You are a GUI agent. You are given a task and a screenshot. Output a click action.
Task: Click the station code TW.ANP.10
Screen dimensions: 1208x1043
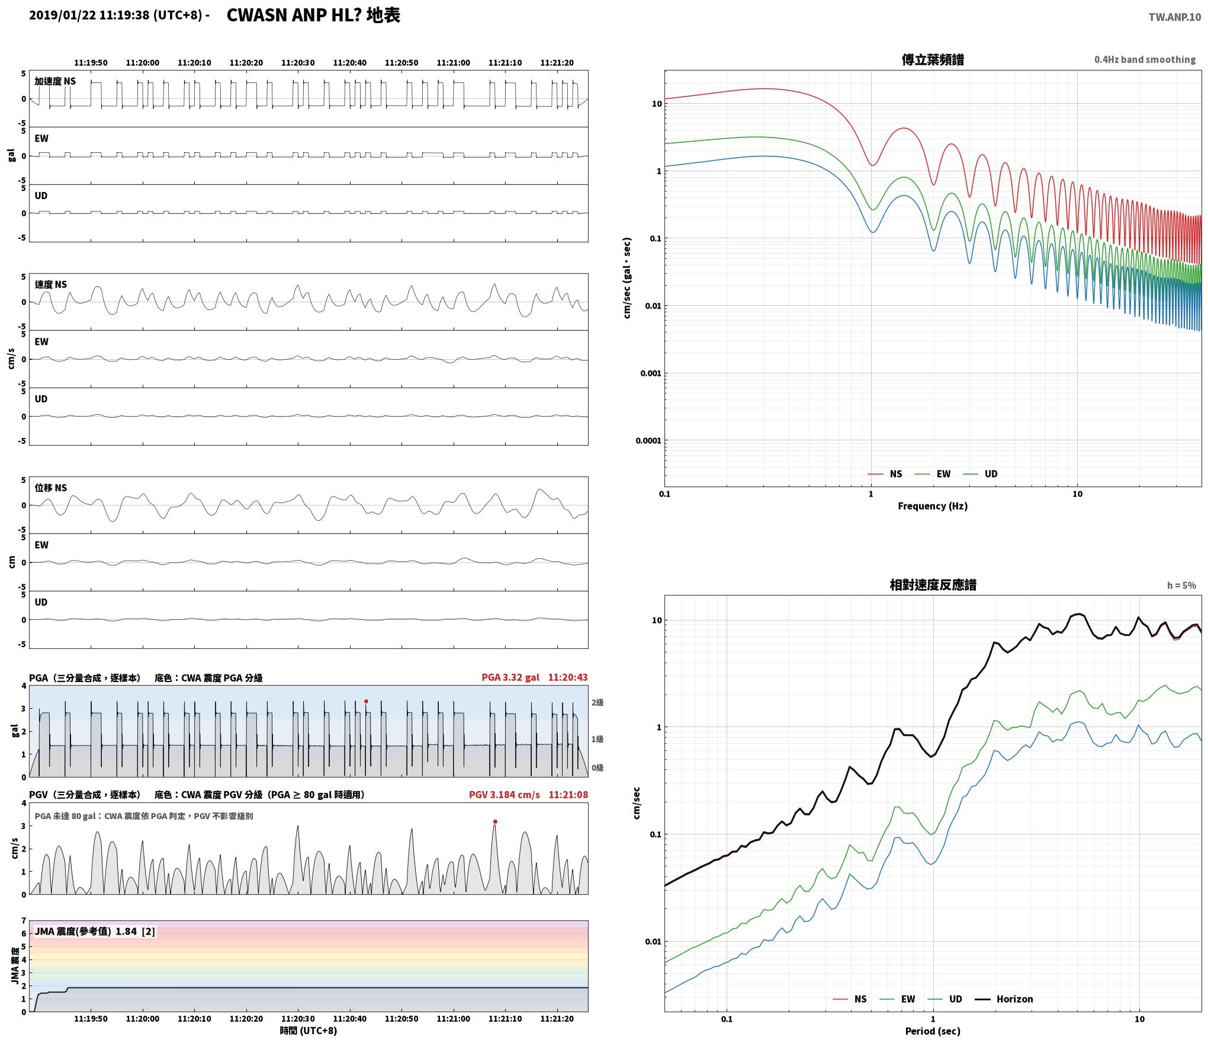click(x=1175, y=17)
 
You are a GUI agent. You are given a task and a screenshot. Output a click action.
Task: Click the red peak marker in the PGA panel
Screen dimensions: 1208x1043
click(x=366, y=701)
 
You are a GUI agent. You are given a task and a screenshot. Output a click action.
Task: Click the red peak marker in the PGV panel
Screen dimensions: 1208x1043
click(x=495, y=821)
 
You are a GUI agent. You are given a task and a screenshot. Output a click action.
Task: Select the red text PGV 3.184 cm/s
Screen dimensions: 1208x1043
click(x=505, y=795)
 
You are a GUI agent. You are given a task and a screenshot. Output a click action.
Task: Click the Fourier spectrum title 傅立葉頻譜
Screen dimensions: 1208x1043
click(x=933, y=60)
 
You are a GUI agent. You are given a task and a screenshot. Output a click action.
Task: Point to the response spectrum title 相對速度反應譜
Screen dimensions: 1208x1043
click(x=933, y=585)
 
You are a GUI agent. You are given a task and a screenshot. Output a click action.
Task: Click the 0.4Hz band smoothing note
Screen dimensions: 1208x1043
click(x=1145, y=60)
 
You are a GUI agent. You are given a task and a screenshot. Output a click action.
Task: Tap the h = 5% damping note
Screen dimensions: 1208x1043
click(x=1181, y=586)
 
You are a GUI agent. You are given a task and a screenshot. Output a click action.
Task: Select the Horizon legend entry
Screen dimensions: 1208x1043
click(x=1004, y=999)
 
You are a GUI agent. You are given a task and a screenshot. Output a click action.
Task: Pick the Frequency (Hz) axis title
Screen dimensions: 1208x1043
click(x=933, y=506)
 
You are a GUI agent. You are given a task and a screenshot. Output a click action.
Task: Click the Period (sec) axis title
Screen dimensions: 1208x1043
click(x=933, y=1031)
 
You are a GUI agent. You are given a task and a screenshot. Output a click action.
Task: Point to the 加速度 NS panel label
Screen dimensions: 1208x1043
click(x=55, y=81)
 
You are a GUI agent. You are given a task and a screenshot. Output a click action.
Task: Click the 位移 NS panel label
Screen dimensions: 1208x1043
click(x=51, y=488)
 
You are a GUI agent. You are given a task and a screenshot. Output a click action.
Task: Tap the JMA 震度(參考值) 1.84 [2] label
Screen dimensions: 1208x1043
click(x=95, y=932)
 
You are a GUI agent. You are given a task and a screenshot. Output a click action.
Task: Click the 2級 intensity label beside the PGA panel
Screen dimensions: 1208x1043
click(x=597, y=703)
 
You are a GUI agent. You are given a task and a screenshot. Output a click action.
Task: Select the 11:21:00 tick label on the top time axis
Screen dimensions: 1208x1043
click(x=453, y=63)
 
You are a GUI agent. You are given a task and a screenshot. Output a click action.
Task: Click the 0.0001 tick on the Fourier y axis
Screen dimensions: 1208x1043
click(x=648, y=441)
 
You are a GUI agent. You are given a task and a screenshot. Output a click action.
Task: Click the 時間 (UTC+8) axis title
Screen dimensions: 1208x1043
click(x=309, y=1031)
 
